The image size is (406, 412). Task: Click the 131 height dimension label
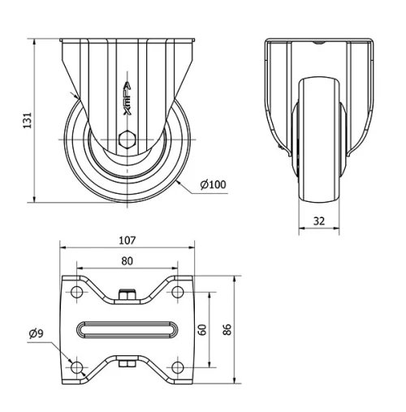coord(28,120)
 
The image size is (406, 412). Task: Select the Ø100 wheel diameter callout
coord(213,184)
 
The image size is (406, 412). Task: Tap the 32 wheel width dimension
coord(319,221)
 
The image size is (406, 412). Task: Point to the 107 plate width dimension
coord(127,240)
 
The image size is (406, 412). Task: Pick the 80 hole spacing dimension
coord(127,261)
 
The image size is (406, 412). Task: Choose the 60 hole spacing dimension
coord(202,329)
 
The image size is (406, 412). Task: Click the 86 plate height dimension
coord(227,329)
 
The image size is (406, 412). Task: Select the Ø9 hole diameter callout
coord(36,334)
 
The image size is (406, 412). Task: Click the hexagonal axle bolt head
coord(127,139)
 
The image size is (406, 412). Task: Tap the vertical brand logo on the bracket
coord(127,99)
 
